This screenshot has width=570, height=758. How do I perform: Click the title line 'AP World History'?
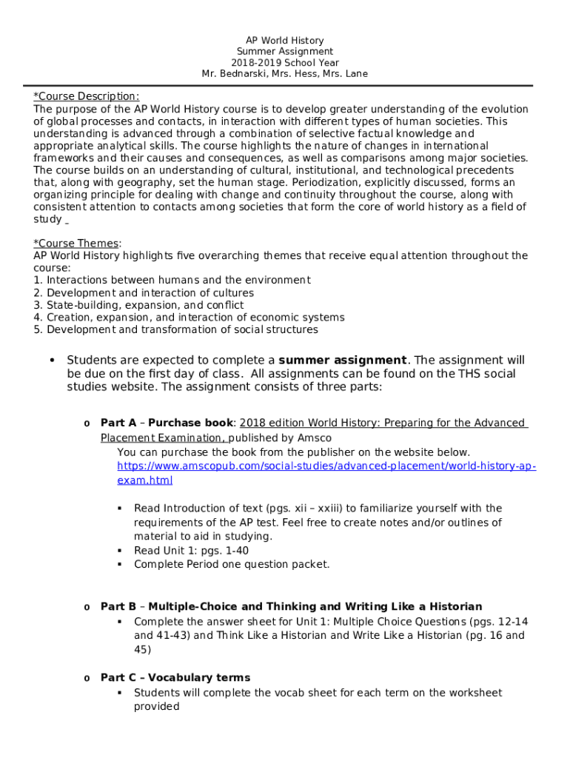click(285, 41)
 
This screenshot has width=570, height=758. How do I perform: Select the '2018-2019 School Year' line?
click(285, 63)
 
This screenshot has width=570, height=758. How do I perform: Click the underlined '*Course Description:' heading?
click(86, 96)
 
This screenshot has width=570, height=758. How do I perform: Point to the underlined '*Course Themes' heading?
click(76, 244)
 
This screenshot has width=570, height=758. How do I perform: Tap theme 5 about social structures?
click(175, 329)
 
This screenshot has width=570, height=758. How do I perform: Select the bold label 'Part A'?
click(118, 423)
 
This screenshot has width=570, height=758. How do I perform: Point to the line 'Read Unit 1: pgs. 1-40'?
click(191, 550)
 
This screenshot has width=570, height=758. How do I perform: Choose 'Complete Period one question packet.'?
click(232, 564)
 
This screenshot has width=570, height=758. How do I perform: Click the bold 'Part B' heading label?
click(118, 606)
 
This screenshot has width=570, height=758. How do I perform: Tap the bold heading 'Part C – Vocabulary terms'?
click(175, 677)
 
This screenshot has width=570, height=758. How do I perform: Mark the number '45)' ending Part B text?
click(142, 649)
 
